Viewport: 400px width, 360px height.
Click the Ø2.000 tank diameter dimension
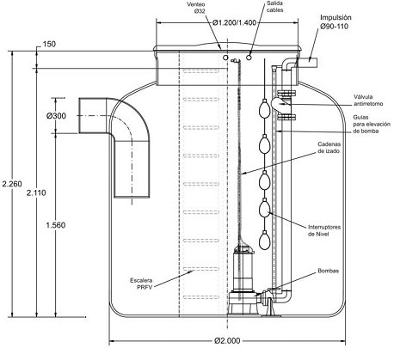[x=227, y=340]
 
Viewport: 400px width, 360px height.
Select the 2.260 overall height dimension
[x=12, y=184]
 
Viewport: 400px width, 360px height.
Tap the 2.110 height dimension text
[x=36, y=192]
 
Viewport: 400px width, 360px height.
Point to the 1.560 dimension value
[x=56, y=225]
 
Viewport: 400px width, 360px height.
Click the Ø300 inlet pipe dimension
[x=56, y=116]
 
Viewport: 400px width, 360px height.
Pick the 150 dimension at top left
[x=49, y=44]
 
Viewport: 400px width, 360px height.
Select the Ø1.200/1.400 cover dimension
[x=234, y=23]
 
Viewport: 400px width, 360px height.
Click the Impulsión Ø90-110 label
[x=335, y=22]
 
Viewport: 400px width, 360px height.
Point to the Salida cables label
[x=275, y=7]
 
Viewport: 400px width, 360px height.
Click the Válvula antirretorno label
[x=368, y=101]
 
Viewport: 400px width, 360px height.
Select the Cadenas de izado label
[x=329, y=147]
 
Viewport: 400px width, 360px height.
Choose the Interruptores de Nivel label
[x=324, y=230]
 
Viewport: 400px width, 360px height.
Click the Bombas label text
[x=328, y=271]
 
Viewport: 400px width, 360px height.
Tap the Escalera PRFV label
[x=141, y=284]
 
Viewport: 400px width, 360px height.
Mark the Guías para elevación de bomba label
[x=372, y=124]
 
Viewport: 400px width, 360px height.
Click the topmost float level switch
[x=265, y=107]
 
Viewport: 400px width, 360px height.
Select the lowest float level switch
[x=265, y=240]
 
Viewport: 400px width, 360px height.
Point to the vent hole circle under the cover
[x=225, y=58]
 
